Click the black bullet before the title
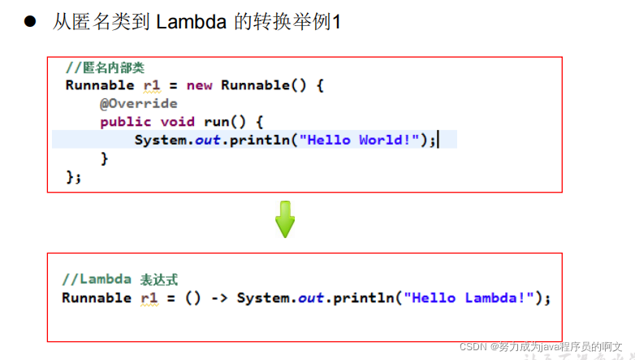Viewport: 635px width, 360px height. coord(30,21)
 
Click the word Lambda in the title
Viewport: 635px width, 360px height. coord(191,21)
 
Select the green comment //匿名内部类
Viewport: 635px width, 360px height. coord(105,67)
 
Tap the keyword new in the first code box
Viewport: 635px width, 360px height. coord(199,85)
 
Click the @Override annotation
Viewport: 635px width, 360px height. coord(139,103)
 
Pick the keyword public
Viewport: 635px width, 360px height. coord(126,122)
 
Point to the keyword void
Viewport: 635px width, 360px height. coord(177,122)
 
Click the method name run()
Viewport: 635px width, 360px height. coord(225,122)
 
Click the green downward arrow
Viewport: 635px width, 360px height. coord(285,219)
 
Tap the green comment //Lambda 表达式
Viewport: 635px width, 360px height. coord(120,280)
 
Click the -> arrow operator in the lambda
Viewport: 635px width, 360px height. coord(219,298)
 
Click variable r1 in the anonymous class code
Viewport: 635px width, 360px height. coord(152,85)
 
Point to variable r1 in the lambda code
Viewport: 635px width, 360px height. coord(149,298)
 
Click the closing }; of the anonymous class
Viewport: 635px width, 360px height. coord(73,177)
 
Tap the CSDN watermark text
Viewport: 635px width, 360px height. coord(541,347)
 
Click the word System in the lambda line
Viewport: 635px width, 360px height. coord(264,298)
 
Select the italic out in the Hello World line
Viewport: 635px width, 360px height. coord(208,140)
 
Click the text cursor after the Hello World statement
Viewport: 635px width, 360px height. coord(438,140)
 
